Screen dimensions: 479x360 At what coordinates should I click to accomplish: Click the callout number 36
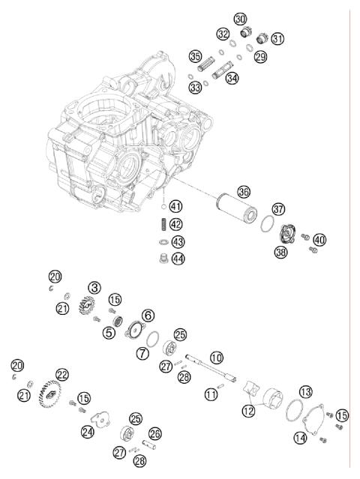point(243,192)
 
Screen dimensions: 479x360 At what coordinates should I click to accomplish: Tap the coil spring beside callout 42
point(160,224)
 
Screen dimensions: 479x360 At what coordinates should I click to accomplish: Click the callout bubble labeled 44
point(177,258)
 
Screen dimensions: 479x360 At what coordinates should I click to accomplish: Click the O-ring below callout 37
point(266,224)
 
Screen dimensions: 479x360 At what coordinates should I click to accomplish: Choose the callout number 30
point(240,19)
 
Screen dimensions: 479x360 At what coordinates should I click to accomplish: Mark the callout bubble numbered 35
point(195,55)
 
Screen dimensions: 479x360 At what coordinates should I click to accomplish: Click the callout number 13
point(305,392)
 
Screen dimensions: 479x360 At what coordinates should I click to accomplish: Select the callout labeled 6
point(148,316)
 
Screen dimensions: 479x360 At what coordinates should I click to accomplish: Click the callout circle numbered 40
point(320,240)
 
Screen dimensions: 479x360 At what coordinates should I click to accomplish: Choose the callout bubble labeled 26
point(155,433)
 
